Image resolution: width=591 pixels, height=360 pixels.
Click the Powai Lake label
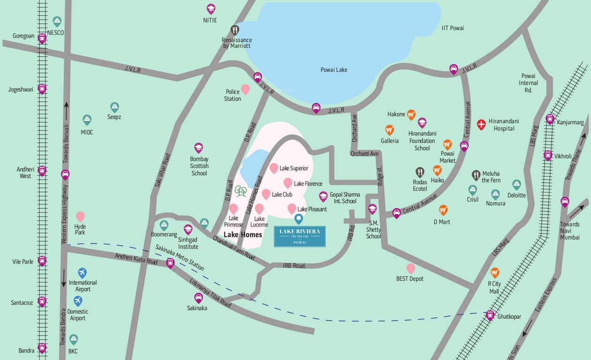click(334, 70)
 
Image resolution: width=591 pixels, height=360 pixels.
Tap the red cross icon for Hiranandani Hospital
click(481, 124)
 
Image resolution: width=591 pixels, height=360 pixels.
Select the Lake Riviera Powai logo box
click(299, 236)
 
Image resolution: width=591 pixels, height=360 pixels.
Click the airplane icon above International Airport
click(82, 272)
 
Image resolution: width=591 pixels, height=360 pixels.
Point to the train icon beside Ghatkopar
click(490, 315)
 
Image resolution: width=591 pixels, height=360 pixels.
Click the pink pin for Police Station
click(245, 89)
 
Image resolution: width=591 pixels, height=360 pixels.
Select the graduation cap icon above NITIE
click(211, 9)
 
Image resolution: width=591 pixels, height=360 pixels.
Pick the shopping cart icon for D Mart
click(443, 210)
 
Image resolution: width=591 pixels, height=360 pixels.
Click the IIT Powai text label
click(452, 28)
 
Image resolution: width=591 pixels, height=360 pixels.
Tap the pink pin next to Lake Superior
click(274, 168)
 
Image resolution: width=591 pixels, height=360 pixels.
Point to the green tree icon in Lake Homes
click(240, 191)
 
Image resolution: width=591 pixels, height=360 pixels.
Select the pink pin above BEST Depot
click(411, 268)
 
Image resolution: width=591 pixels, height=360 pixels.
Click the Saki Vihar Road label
click(162, 170)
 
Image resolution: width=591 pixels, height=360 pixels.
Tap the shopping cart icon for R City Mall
click(494, 272)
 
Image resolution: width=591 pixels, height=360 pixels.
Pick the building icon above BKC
click(73, 339)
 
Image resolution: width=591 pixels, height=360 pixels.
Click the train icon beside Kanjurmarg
click(550, 119)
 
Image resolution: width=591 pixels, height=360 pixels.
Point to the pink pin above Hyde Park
click(80, 216)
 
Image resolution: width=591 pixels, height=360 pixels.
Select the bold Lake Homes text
click(242, 234)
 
